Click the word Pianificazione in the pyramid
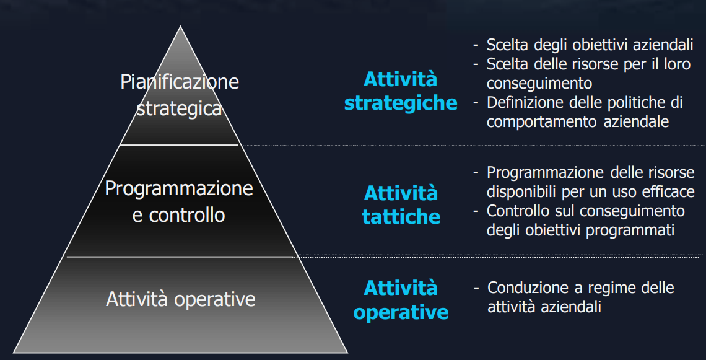(x=180, y=82)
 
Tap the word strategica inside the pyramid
(x=179, y=108)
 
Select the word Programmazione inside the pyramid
(x=179, y=189)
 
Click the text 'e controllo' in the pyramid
(x=179, y=215)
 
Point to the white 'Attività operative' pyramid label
(x=181, y=299)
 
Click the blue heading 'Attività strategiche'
(x=401, y=92)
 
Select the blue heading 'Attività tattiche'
(x=401, y=205)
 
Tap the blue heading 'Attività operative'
(x=401, y=300)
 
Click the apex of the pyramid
(x=181, y=26)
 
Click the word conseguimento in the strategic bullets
(x=539, y=84)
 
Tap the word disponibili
(x=521, y=192)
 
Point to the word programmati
(x=630, y=230)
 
